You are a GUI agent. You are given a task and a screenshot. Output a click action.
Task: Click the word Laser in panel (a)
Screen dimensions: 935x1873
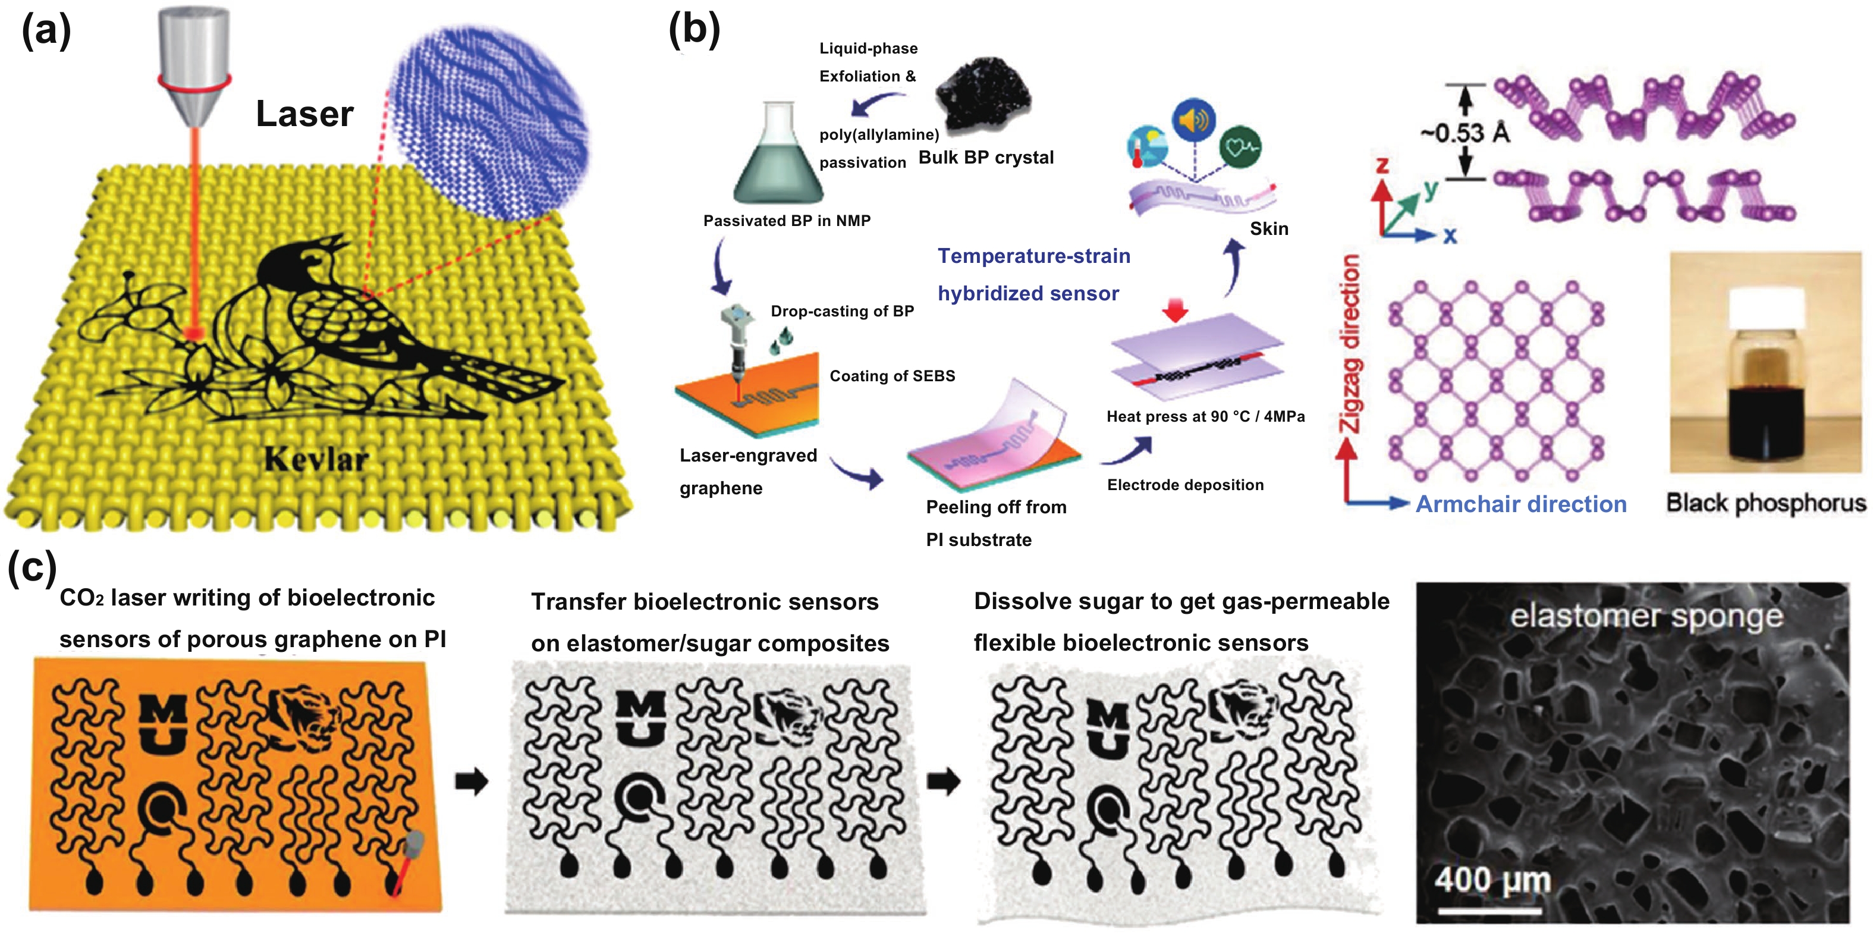(304, 114)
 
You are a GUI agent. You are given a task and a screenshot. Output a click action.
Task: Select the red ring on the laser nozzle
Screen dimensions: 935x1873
(194, 82)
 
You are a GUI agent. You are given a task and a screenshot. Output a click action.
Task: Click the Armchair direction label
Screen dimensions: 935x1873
(1520, 504)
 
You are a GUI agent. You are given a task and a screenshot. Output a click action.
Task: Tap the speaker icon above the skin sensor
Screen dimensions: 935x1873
(1194, 119)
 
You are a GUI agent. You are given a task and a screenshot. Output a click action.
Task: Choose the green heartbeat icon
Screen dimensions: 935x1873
(1240, 147)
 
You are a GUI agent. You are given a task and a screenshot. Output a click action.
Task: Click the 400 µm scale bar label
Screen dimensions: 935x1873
(1492, 880)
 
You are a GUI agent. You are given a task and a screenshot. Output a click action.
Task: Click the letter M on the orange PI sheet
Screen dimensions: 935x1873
(162, 710)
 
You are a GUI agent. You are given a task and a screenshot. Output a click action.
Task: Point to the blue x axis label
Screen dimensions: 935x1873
(1450, 236)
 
